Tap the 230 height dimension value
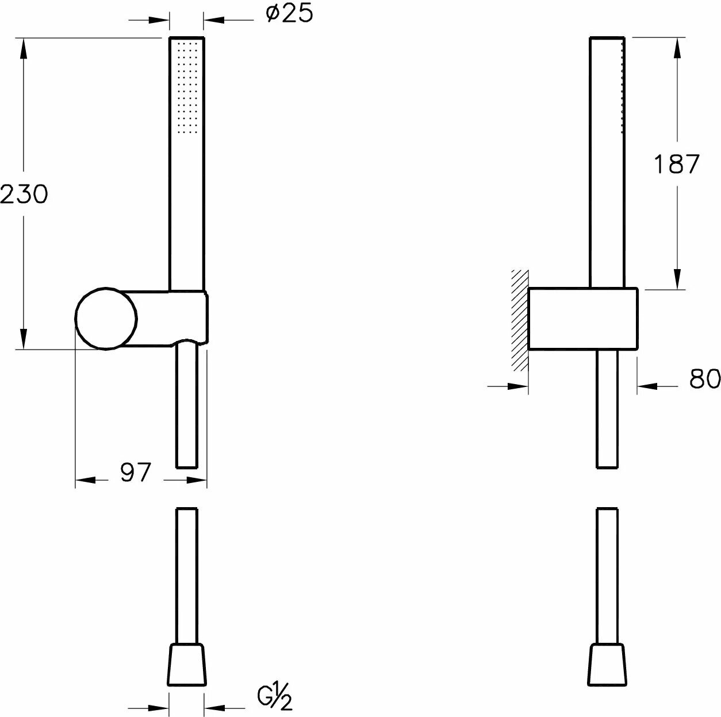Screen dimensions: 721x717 23,194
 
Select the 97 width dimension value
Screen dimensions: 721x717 135,473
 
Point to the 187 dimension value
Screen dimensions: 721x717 676,164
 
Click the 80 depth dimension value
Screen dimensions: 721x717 704,379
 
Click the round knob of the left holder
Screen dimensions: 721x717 106,318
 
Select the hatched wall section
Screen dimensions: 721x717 520,319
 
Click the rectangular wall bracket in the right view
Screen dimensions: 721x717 582,318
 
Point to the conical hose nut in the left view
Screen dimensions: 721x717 186,665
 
